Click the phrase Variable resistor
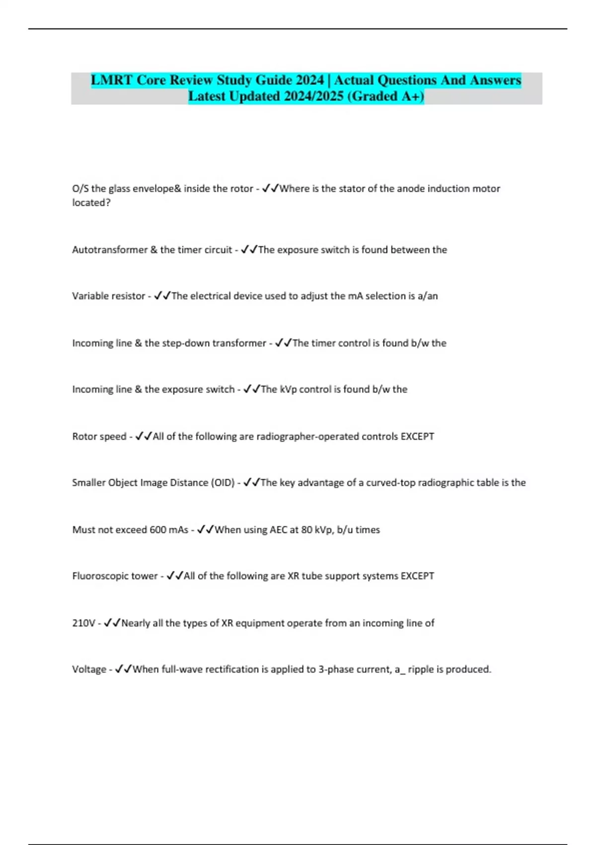(x=108, y=296)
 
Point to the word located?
(x=91, y=202)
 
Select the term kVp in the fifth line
(x=288, y=389)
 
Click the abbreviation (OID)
(x=223, y=483)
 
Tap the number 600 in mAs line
(x=157, y=530)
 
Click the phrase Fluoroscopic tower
(x=115, y=576)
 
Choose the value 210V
(x=83, y=623)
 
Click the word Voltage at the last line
(x=89, y=670)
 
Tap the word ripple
(x=421, y=670)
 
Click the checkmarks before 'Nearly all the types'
(x=112, y=623)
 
